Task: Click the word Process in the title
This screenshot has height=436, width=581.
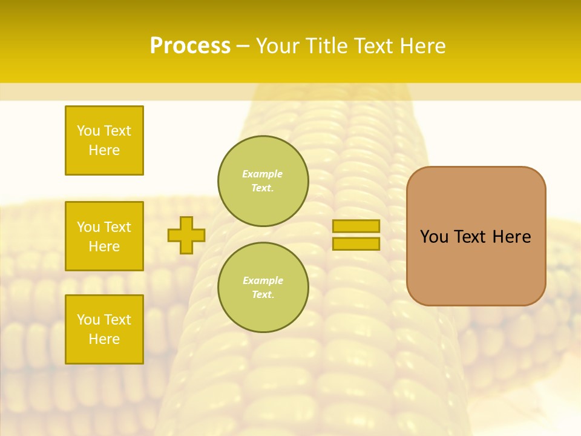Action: pyautogui.click(x=190, y=46)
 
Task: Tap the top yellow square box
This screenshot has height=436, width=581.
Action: pyautogui.click(x=104, y=140)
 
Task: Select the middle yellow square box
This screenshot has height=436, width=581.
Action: pyautogui.click(x=104, y=236)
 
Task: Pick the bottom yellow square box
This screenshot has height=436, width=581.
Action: pyautogui.click(x=104, y=329)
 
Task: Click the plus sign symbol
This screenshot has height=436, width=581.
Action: pyautogui.click(x=186, y=235)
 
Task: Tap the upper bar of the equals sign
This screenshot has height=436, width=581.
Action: pyautogui.click(x=356, y=226)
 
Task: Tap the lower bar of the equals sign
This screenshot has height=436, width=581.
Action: pyautogui.click(x=356, y=243)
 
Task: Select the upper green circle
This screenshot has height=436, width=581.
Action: pyautogui.click(x=263, y=181)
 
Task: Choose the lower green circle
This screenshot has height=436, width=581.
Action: pyautogui.click(x=263, y=287)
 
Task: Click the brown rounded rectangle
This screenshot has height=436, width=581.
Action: pyautogui.click(x=476, y=236)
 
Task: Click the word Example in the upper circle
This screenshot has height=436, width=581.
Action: pyautogui.click(x=262, y=174)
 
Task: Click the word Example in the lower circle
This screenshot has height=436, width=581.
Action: pyautogui.click(x=262, y=280)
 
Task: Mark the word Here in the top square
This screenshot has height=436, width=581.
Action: pyautogui.click(x=104, y=150)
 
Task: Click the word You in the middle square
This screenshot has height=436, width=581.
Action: pyautogui.click(x=88, y=227)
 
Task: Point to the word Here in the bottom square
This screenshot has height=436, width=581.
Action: pyautogui.click(x=104, y=339)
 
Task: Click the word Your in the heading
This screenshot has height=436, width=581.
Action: pyautogui.click(x=278, y=46)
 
